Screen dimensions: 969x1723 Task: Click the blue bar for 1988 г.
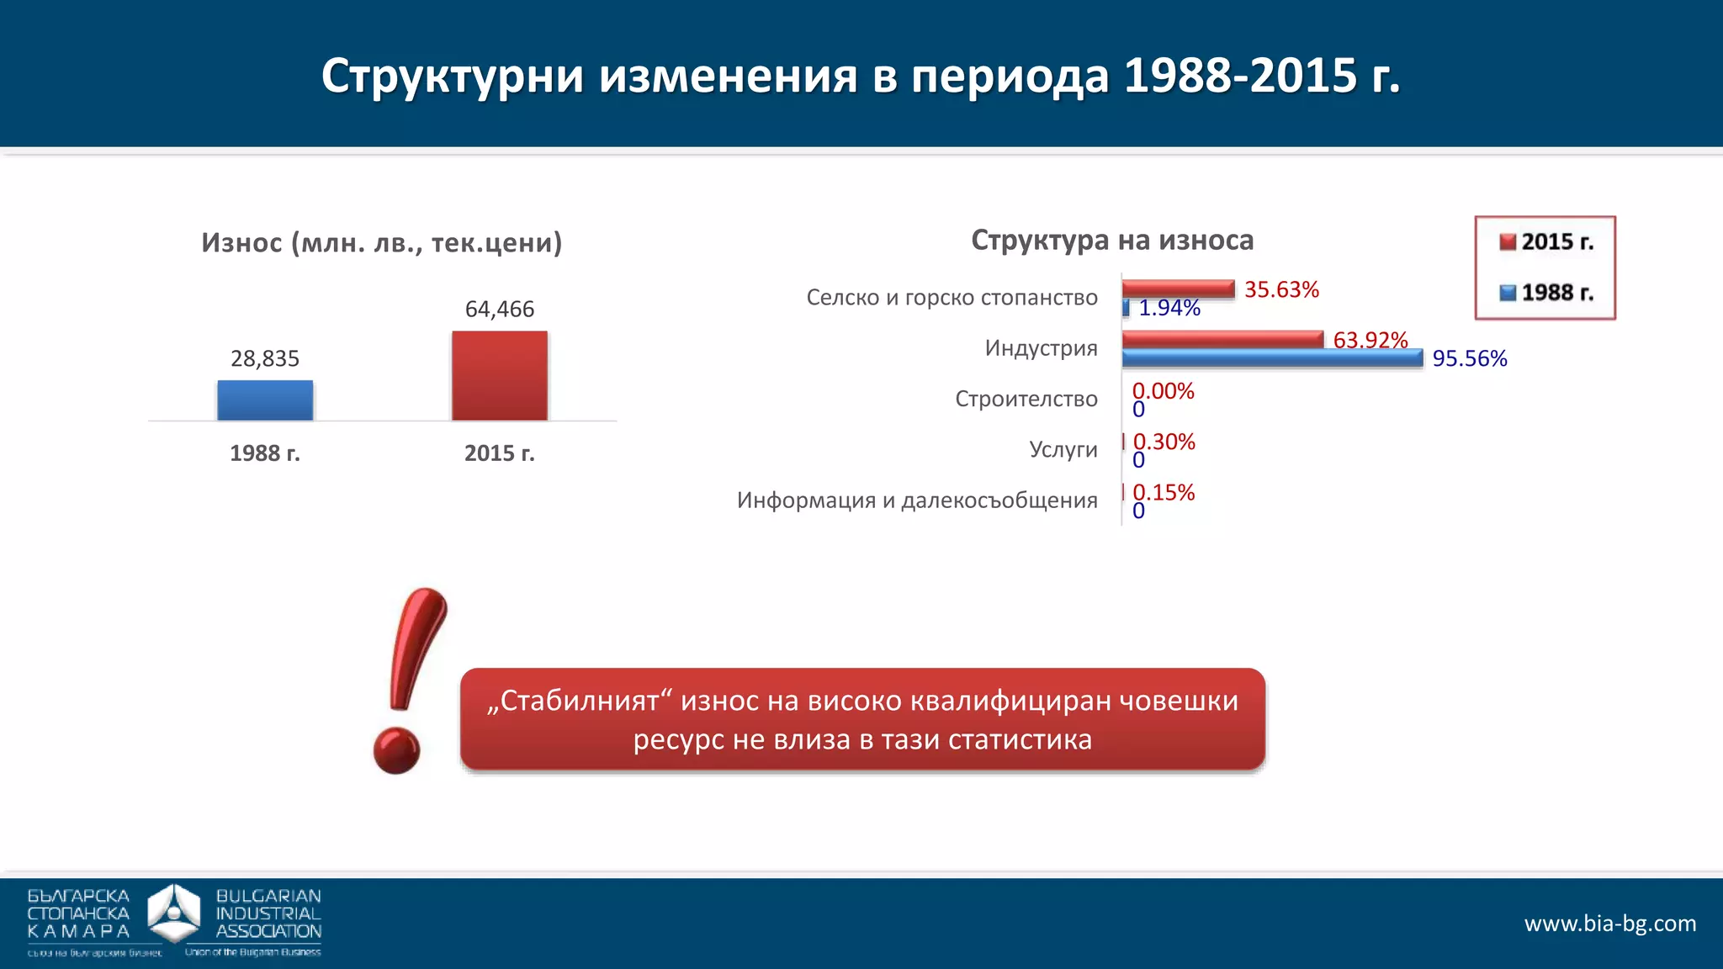[265, 400]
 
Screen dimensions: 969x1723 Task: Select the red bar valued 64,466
[500, 376]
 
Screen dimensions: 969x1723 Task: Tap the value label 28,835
[265, 358]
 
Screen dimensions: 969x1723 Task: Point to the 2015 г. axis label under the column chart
[500, 453]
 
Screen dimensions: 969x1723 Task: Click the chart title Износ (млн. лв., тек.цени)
[381, 243]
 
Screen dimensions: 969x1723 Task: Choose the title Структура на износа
[1112, 241]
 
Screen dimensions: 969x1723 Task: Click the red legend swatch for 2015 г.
[1508, 242]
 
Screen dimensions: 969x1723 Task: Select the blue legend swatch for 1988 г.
[1508, 293]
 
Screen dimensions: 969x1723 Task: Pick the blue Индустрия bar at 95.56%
[1272, 358]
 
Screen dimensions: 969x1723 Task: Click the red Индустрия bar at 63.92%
[1222, 339]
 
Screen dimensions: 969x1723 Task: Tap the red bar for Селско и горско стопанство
[1178, 289]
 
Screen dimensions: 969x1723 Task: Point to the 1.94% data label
[1169, 309]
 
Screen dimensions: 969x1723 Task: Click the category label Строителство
[1026, 399]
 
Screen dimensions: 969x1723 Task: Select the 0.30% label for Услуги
[1164, 442]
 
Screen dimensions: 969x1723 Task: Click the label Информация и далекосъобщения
[917, 500]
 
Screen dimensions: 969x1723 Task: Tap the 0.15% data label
[1164, 492]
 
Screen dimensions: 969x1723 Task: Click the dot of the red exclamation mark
[396, 751]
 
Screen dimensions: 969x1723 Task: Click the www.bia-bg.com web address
[1609, 924]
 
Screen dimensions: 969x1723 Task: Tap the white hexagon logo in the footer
[174, 913]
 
